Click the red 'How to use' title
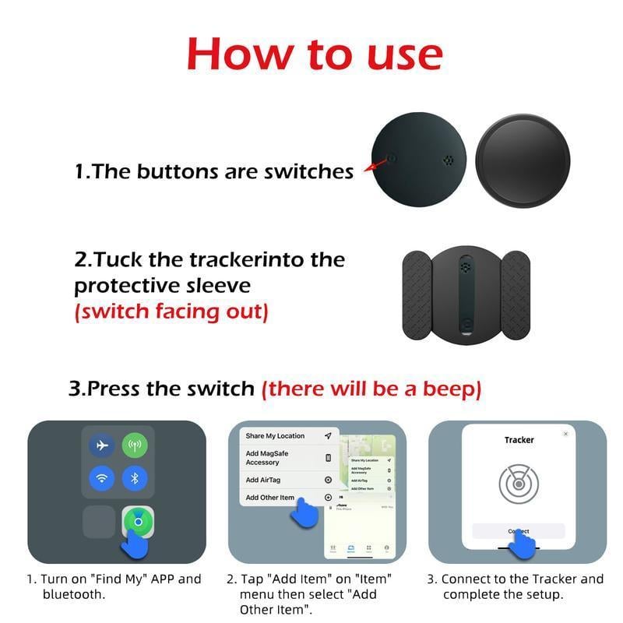[x=314, y=55]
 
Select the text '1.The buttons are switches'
[x=214, y=171]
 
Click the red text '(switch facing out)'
[x=171, y=312]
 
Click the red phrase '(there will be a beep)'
[x=371, y=388]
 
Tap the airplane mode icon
[x=101, y=445]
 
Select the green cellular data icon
[x=135, y=445]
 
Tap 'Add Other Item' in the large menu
[x=270, y=498]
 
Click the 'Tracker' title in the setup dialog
[x=519, y=440]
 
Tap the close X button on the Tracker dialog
[x=565, y=434]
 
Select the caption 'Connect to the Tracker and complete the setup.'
[x=516, y=586]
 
